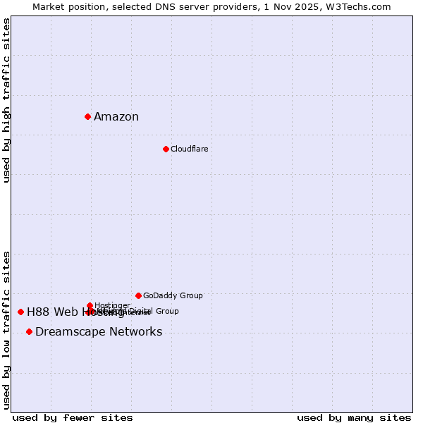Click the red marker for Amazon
coord(87,116)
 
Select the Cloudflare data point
coord(166,149)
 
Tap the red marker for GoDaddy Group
coord(138,295)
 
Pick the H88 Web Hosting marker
coord(20,312)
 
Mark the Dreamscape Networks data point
coord(29,331)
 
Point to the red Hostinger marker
coord(90,305)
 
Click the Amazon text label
coord(116,117)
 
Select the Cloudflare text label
coord(189,149)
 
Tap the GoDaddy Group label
coord(173,295)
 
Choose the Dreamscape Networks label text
coord(99,332)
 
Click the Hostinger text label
coord(112,305)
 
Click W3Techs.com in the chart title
coord(362,6)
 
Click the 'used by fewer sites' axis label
coord(73,417)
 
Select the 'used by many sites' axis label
coord(354,417)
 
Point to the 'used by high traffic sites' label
coord(6,100)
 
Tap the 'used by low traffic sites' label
coord(6,330)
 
